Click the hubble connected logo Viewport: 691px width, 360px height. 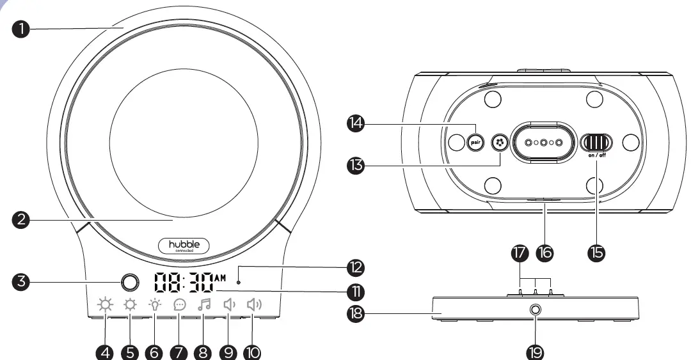point(184,246)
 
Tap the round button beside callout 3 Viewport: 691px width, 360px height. point(129,283)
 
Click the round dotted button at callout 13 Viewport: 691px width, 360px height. point(499,143)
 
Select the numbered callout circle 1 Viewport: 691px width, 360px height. point(22,28)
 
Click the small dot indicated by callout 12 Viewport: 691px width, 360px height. point(239,281)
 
